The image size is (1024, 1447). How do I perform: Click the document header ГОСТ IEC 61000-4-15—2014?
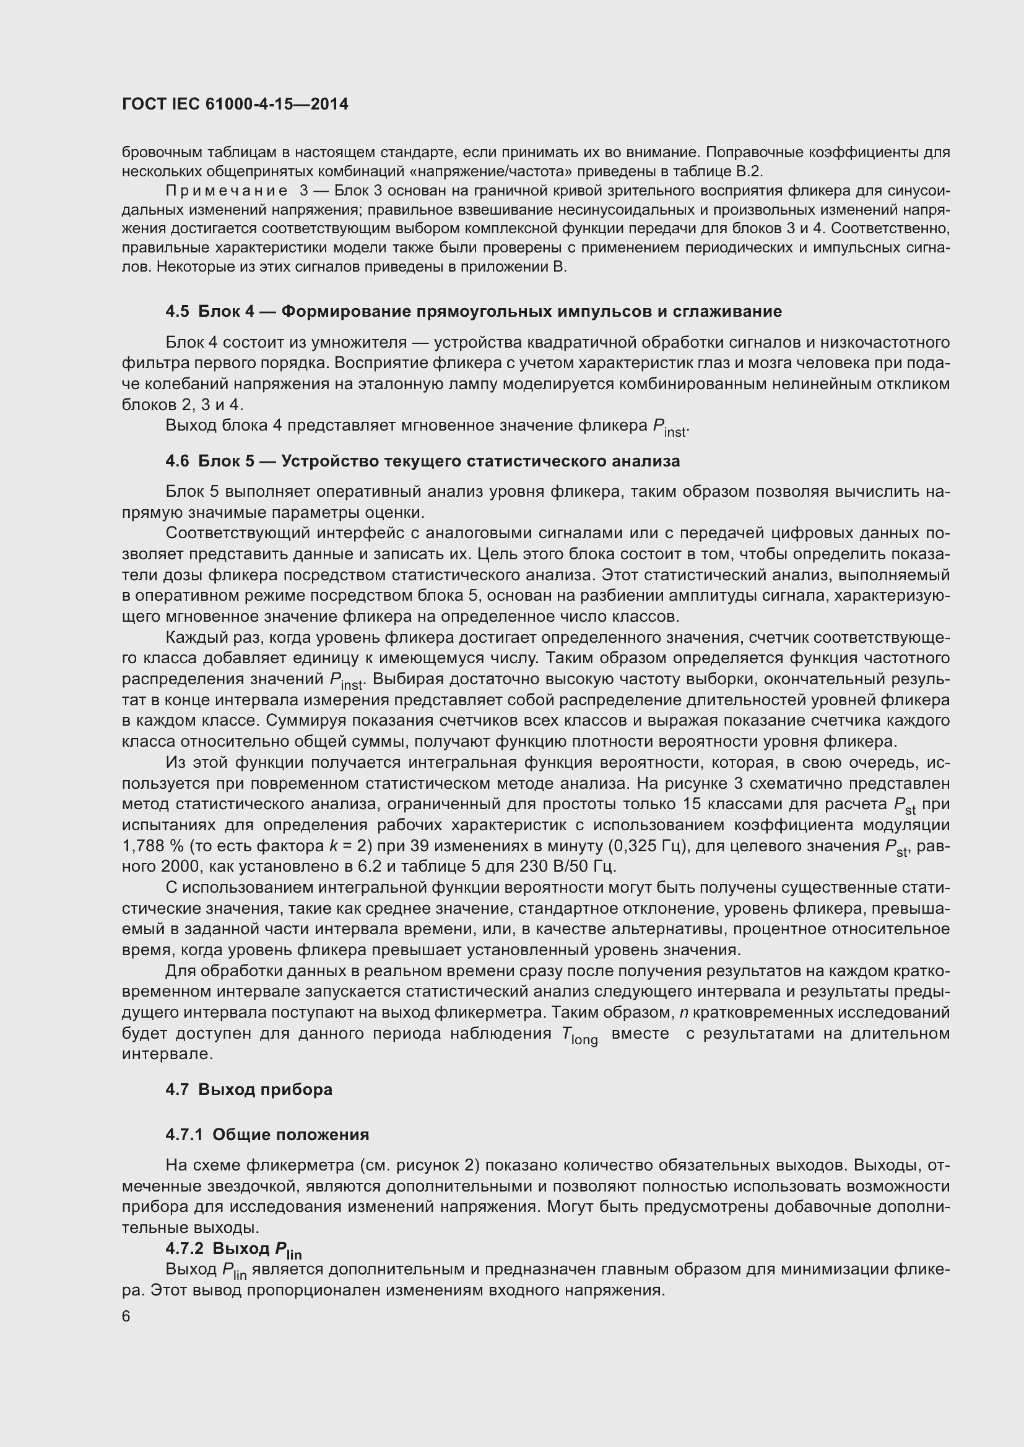pos(235,104)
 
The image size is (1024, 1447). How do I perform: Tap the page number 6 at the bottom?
pos(126,1316)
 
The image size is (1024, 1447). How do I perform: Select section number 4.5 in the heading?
pos(176,311)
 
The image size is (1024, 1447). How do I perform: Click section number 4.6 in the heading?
pos(176,462)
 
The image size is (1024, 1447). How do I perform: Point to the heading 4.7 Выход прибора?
pos(249,1089)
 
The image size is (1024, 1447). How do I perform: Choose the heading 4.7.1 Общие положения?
pos(267,1135)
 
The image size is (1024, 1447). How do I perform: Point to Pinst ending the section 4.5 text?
pos(670,427)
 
